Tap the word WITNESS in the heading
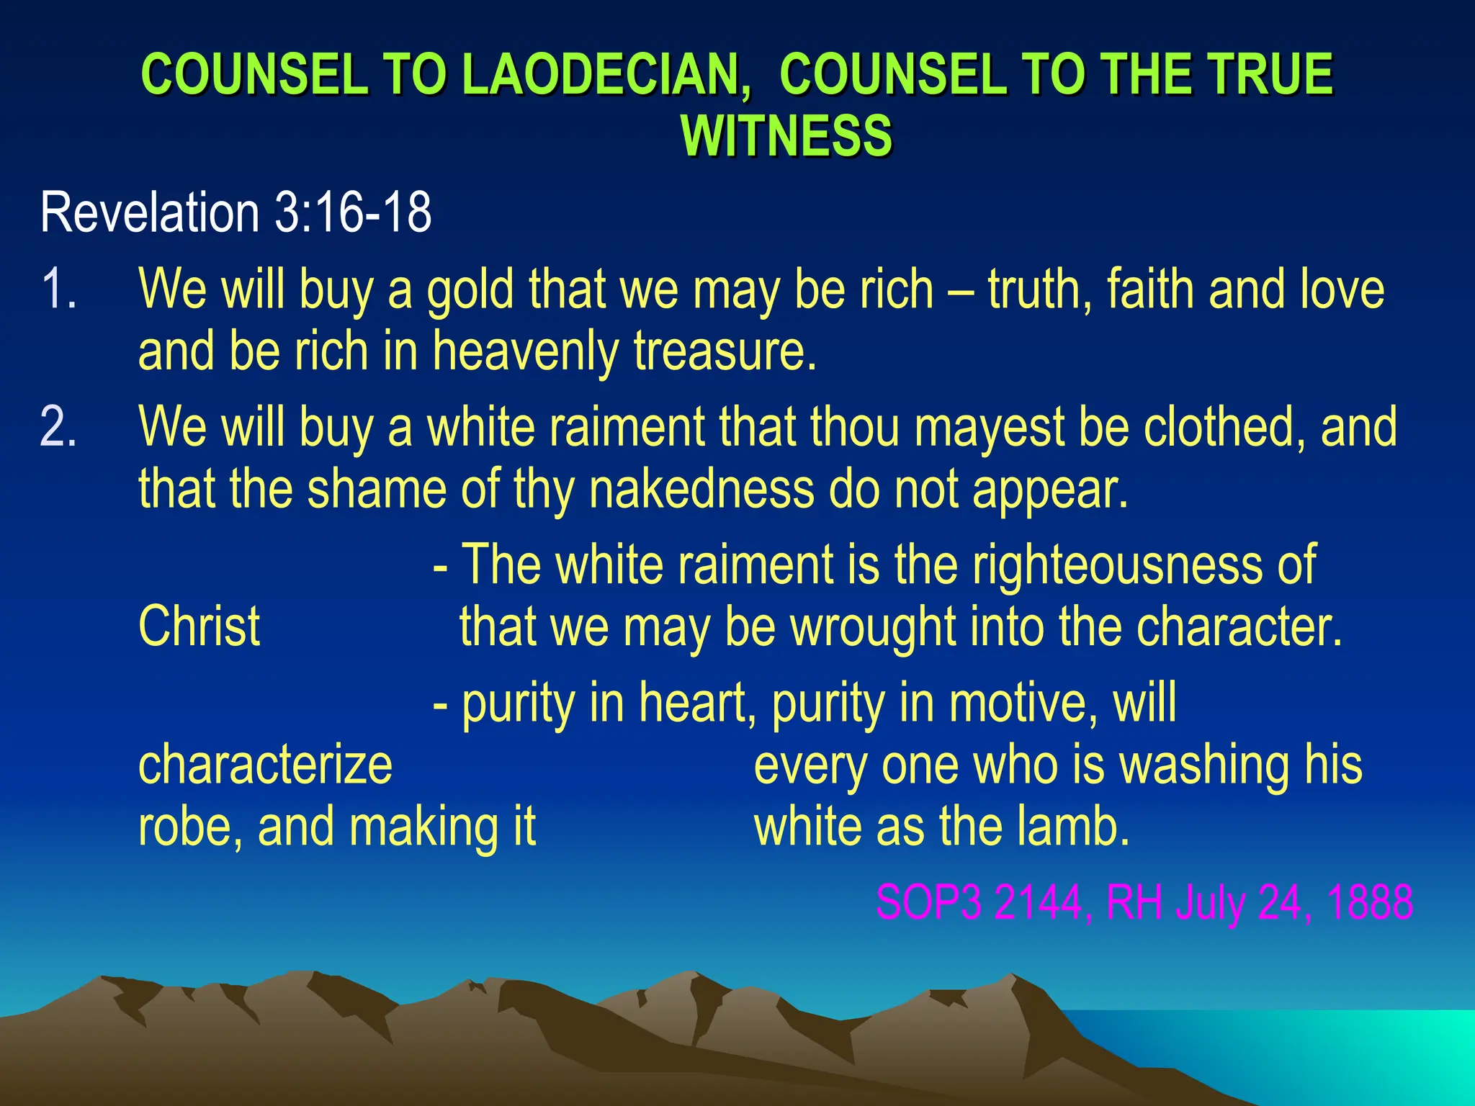(x=786, y=136)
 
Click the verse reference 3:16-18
(x=354, y=212)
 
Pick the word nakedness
(x=701, y=490)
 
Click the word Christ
(x=199, y=626)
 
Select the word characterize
(x=265, y=765)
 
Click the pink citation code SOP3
(x=928, y=902)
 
